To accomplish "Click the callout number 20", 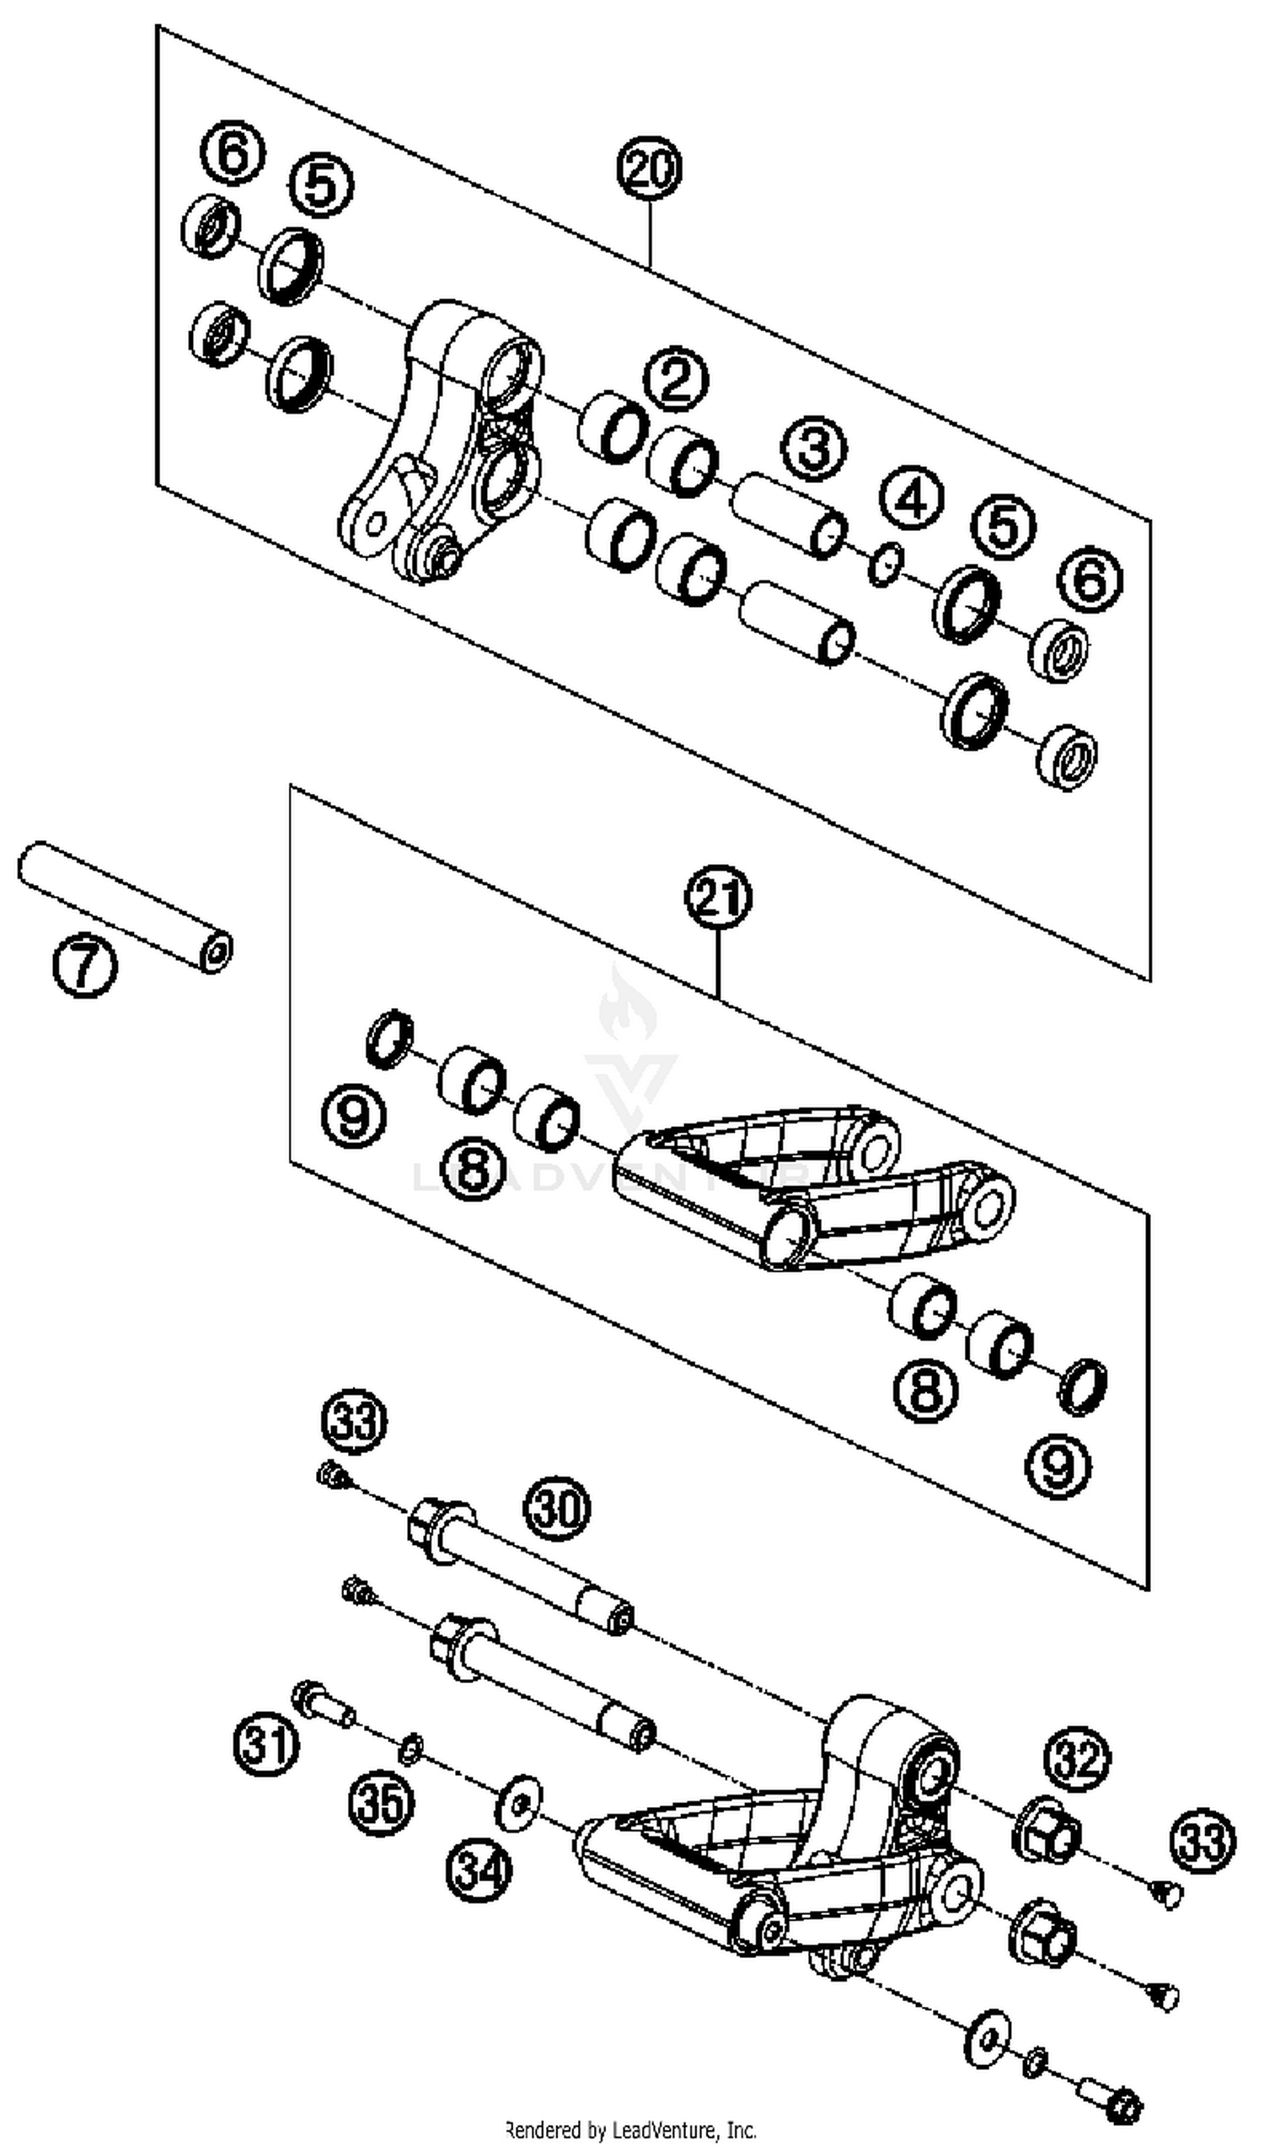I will pos(650,169).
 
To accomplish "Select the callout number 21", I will pos(718,898).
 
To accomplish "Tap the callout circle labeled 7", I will pos(84,964).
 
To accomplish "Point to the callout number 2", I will pos(676,380).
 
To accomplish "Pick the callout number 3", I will pos(813,448).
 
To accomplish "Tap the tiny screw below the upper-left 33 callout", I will pos(332,1474).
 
